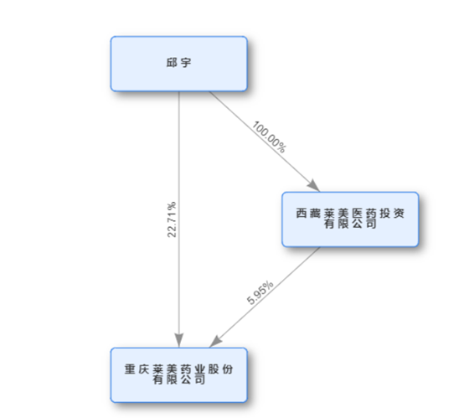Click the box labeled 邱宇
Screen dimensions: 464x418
point(178,64)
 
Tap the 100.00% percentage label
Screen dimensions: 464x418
point(269,137)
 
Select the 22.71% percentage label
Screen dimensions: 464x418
point(172,219)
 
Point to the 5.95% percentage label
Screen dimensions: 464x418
point(260,292)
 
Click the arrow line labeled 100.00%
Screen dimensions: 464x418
point(265,142)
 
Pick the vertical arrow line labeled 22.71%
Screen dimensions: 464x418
point(179,219)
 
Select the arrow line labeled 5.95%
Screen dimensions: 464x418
point(265,297)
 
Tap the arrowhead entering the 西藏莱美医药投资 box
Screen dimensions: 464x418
point(314,186)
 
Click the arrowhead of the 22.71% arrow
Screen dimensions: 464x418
point(179,340)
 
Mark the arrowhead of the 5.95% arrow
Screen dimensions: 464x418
point(215,341)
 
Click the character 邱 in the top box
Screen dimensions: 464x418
point(172,63)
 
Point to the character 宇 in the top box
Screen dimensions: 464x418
point(186,63)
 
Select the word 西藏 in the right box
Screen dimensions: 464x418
point(308,213)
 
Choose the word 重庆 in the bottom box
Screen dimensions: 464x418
point(137,369)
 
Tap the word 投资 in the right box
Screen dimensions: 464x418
point(392,213)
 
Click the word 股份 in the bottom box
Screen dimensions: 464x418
point(220,369)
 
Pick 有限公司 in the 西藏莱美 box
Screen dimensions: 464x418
point(350,224)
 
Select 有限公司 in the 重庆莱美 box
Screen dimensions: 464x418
point(178,379)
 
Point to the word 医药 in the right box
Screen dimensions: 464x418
point(364,213)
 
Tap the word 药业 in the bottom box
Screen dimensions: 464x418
point(193,369)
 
